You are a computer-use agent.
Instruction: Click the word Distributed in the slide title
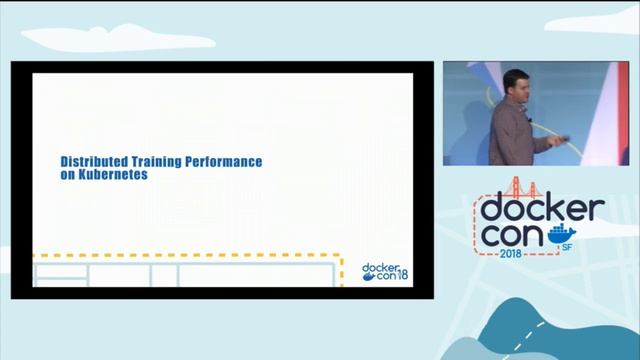coord(89,160)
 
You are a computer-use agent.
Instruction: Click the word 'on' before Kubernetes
coord(68,174)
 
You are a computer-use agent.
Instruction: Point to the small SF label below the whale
coord(568,246)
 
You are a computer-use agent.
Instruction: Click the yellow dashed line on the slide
coord(200,257)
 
